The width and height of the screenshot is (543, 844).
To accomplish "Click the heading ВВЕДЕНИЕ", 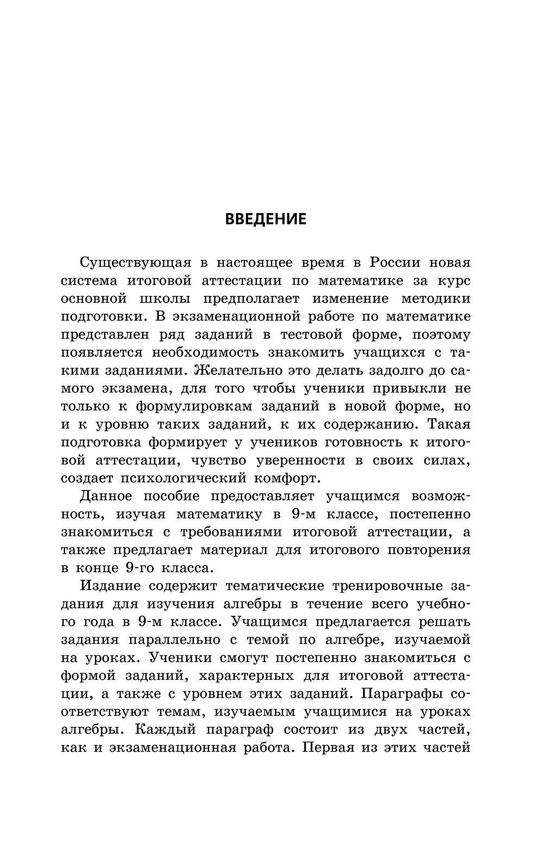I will pyautogui.click(x=266, y=219).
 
